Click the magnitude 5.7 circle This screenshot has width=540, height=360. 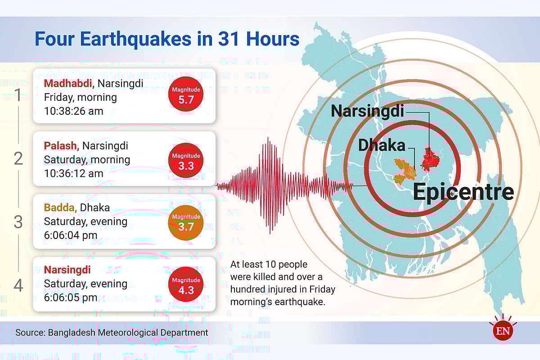pyautogui.click(x=185, y=94)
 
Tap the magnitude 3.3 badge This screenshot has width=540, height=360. pyautogui.click(x=185, y=160)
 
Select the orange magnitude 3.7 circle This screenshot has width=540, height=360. pyautogui.click(x=185, y=223)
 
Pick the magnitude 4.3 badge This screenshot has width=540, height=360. pyautogui.click(x=185, y=284)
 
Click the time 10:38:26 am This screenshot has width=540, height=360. pyautogui.click(x=73, y=111)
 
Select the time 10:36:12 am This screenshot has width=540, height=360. pyautogui.click(x=73, y=173)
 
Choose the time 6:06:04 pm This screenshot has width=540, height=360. pyautogui.click(x=71, y=235)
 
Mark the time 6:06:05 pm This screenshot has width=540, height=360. pyautogui.click(x=71, y=297)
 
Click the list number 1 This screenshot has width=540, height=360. pyautogui.click(x=18, y=95)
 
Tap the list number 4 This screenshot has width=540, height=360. pyautogui.click(x=18, y=285)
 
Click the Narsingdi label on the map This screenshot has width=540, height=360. pyautogui.click(x=367, y=112)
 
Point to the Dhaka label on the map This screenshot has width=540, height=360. pyautogui.click(x=382, y=145)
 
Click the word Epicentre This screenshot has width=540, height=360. pyautogui.click(x=463, y=192)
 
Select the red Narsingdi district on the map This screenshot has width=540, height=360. pyautogui.click(x=430, y=160)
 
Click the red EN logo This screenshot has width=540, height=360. pyautogui.click(x=503, y=331)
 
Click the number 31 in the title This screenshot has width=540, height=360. pyautogui.click(x=228, y=39)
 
